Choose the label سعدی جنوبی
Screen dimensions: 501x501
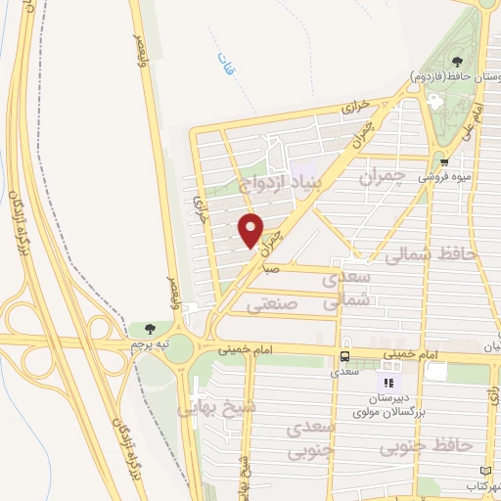tap(312, 441)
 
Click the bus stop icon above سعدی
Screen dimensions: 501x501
tap(344, 356)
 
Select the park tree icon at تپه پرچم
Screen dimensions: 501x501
tap(149, 330)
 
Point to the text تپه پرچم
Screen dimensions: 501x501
tap(151, 345)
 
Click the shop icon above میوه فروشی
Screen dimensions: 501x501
tap(444, 162)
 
